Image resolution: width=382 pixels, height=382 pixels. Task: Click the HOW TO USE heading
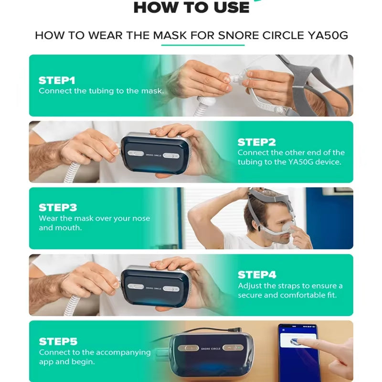(x=191, y=7)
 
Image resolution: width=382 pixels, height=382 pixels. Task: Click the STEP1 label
(x=56, y=80)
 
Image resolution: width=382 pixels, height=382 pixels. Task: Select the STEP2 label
(x=257, y=142)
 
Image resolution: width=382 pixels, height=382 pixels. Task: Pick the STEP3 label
(x=58, y=208)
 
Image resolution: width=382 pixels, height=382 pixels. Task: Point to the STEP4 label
(x=257, y=275)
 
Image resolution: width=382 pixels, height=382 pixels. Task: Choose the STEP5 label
(x=58, y=341)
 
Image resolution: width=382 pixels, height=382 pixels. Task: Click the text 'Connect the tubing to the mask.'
(x=101, y=91)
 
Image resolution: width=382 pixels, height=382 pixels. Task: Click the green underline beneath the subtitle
(x=202, y=45)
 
